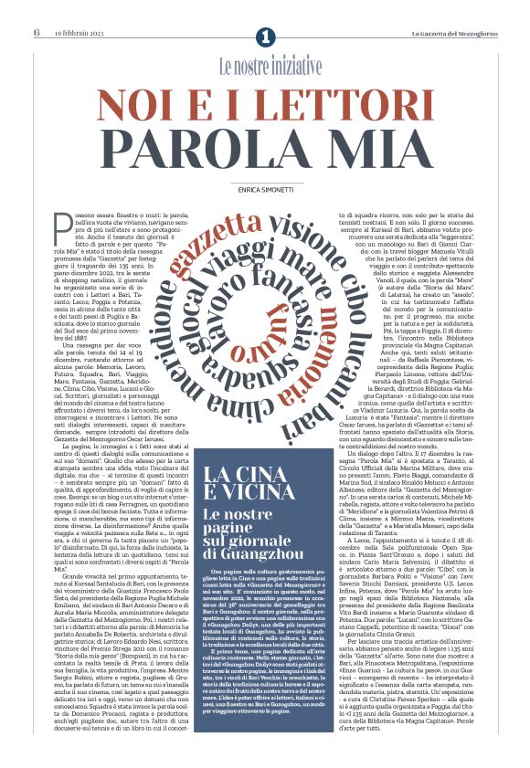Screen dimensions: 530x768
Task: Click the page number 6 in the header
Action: pyautogui.click(x=37, y=34)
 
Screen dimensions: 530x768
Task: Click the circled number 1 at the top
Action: pyautogui.click(x=265, y=37)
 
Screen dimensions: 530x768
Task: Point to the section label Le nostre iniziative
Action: pyautogui.click(x=270, y=67)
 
